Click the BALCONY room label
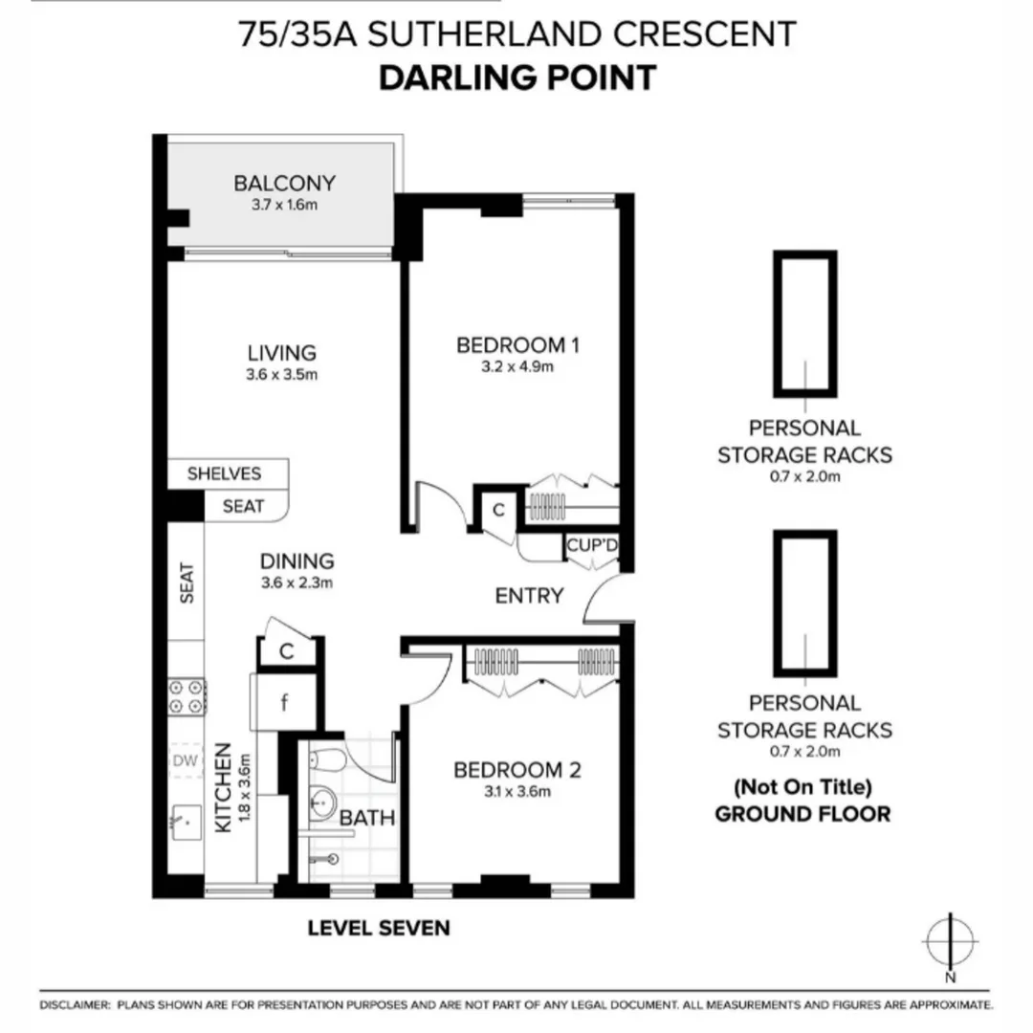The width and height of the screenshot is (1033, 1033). click(285, 183)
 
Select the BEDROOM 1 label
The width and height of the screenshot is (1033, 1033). click(518, 344)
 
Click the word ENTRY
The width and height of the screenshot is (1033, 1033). click(529, 596)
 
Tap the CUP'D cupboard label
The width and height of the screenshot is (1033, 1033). click(592, 546)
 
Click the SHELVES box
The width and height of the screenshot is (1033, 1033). click(224, 473)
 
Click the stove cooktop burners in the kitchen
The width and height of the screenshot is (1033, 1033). click(187, 695)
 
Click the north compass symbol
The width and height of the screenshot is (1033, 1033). click(949, 941)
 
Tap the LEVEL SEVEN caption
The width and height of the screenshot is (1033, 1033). click(378, 927)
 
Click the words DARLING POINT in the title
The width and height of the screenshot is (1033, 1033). click(517, 78)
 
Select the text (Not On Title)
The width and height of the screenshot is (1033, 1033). click(803, 788)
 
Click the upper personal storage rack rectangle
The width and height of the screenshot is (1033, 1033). click(804, 323)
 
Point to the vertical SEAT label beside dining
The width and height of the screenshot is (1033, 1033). click(187, 582)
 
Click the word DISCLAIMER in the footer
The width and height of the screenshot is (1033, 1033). click(74, 1005)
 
